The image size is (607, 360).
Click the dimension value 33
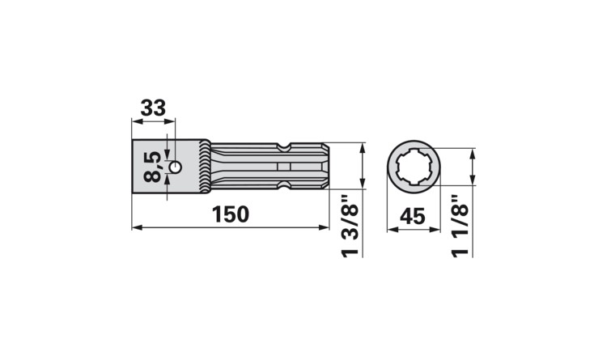coord(153,108)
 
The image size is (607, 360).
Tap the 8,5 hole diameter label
coord(151,167)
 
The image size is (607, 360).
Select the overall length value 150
coord(231,215)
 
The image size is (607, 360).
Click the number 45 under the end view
coord(414,215)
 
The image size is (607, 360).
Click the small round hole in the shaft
coord(175,167)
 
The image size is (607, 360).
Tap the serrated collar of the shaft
coord(205,167)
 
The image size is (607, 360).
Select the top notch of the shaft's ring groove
coord(282,147)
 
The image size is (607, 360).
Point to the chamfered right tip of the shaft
coord(325,167)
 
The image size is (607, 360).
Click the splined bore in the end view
coord(414,167)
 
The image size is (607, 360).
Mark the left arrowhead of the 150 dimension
coord(135,228)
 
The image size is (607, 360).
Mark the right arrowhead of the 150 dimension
coord(325,228)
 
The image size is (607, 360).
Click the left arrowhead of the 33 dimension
coord(135,122)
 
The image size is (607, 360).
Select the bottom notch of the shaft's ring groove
coord(282,188)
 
